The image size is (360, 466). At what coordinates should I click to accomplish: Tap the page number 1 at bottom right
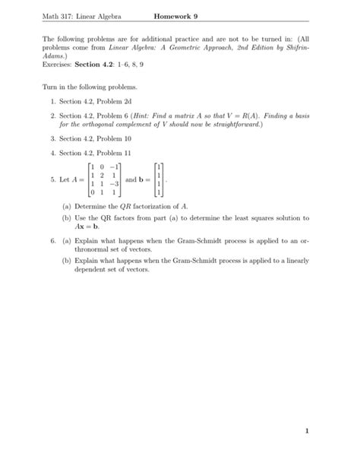(308, 432)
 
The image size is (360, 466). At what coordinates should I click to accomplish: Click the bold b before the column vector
(142, 179)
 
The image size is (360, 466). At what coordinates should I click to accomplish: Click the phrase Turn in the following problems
(90, 87)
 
